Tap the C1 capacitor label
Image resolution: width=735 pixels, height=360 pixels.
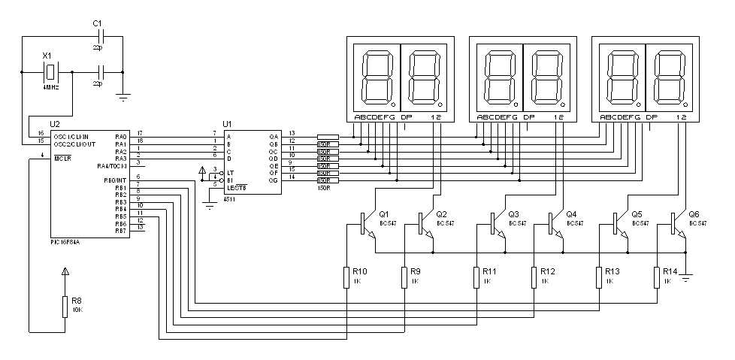point(97,23)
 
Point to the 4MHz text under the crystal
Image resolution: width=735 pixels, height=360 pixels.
point(50,86)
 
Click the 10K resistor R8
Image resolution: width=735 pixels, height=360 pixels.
point(65,306)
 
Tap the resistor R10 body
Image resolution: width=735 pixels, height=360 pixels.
point(348,277)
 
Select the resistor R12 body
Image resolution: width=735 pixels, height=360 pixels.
point(534,277)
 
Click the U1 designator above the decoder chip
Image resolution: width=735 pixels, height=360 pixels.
point(227,123)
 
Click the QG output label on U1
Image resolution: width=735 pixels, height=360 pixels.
point(274,180)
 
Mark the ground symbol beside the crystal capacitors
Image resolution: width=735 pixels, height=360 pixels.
point(123,95)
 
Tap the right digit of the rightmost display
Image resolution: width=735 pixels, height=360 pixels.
point(668,77)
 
